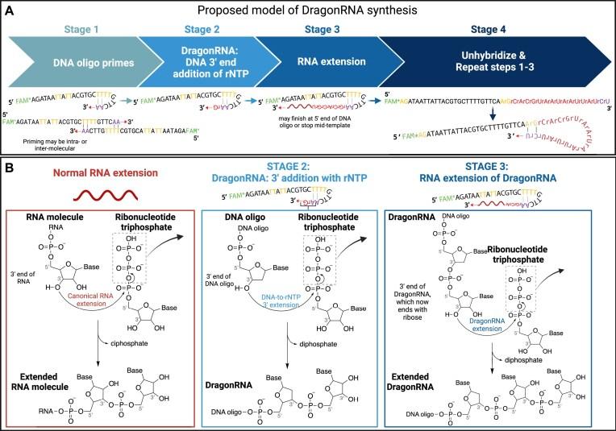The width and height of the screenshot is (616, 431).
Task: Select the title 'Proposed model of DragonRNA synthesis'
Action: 309,11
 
